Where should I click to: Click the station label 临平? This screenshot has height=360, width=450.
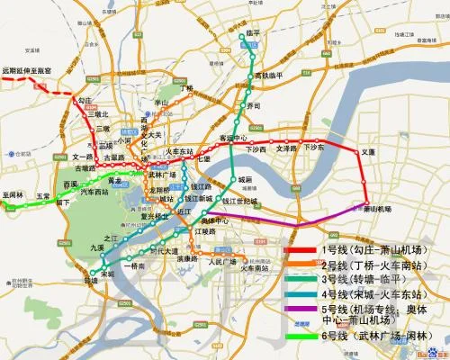click(x=253, y=32)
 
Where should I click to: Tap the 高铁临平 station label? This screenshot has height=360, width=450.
click(x=268, y=75)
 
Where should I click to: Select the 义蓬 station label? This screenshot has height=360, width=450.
click(x=367, y=152)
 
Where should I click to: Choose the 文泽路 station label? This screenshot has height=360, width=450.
click(x=285, y=148)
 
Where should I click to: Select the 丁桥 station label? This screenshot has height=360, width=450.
click(x=187, y=88)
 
